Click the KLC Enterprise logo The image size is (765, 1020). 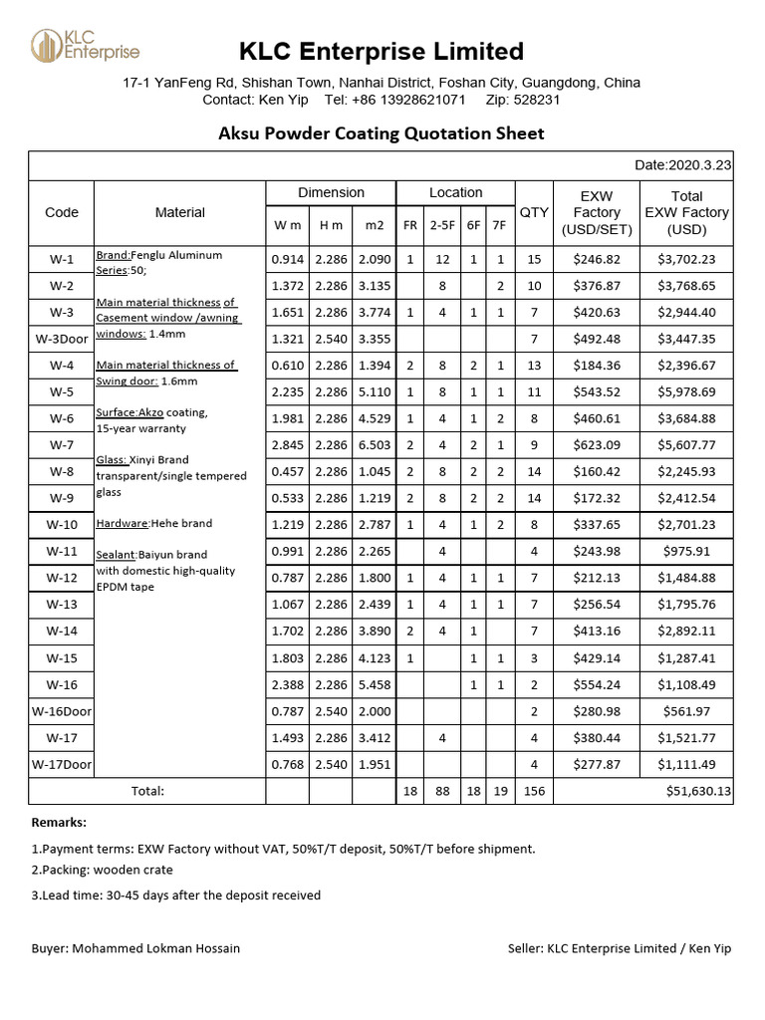tap(85, 46)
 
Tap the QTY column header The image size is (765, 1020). tap(534, 211)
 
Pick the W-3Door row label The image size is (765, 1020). tap(62, 339)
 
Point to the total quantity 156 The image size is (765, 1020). tap(534, 791)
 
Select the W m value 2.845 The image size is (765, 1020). tap(287, 445)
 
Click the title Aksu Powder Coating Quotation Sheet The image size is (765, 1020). tap(382, 133)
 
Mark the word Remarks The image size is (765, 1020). tap(59, 823)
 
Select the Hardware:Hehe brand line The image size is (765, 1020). tap(154, 523)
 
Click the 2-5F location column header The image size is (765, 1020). tap(442, 225)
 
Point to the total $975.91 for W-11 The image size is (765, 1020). tap(686, 552)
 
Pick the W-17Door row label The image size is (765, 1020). tap(62, 764)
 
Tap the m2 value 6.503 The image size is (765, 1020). tap(375, 445)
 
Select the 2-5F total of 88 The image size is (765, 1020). tap(442, 791)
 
